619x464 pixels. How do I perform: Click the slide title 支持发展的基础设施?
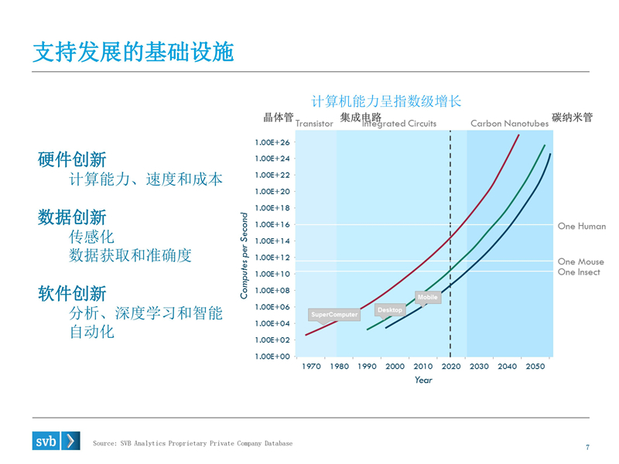(133, 52)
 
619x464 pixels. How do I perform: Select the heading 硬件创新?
(72, 160)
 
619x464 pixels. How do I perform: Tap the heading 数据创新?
(72, 217)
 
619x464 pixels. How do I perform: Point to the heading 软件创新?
(72, 294)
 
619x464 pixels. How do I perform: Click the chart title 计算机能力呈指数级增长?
(386, 101)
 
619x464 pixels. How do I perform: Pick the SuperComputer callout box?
(334, 315)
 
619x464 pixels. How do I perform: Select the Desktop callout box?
(390, 310)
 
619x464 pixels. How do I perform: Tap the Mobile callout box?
(428, 297)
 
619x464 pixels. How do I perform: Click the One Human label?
(581, 227)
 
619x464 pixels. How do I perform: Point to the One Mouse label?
(580, 261)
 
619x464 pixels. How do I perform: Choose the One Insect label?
(579, 272)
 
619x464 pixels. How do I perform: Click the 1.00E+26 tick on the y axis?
(272, 142)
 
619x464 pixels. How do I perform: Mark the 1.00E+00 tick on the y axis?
(272, 357)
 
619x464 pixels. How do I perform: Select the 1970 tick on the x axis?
(311, 367)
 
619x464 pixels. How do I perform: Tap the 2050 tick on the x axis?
(535, 367)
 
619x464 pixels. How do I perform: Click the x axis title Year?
(423, 380)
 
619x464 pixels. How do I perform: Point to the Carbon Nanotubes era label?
(509, 124)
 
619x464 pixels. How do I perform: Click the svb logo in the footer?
(56, 441)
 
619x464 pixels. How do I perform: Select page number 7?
(587, 447)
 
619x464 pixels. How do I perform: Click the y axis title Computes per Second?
(244, 255)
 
